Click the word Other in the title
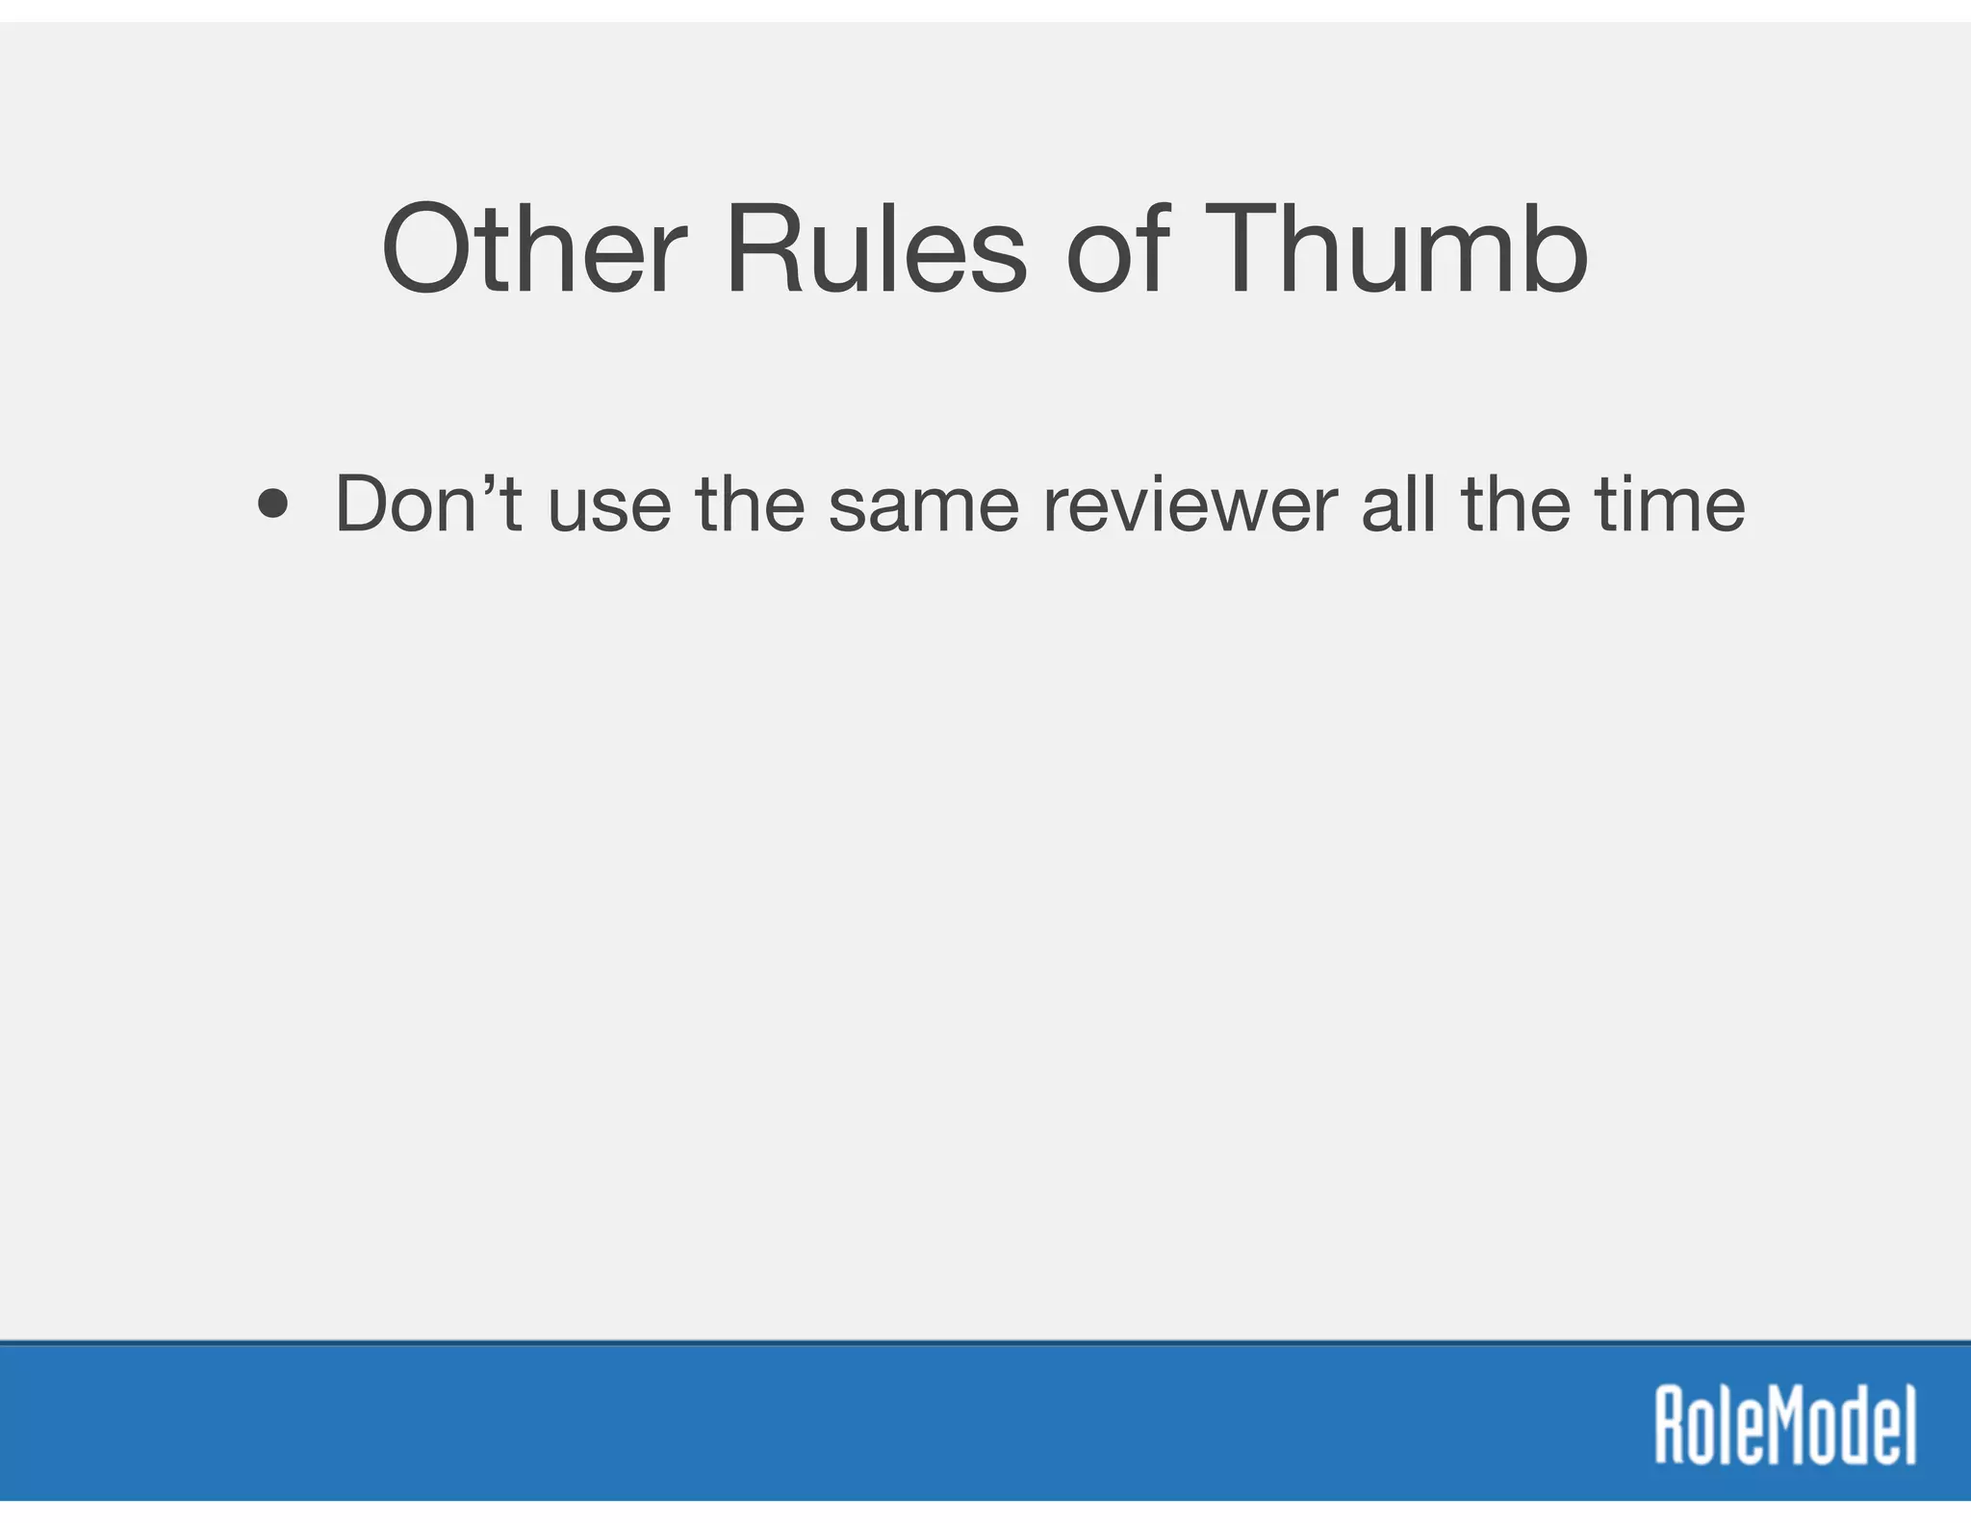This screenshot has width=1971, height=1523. coord(534,249)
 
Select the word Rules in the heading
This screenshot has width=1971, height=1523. coord(877,249)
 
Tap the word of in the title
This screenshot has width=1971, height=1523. coord(1117,249)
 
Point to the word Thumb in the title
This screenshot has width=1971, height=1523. coord(1395,249)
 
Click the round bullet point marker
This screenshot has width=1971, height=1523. coord(273,504)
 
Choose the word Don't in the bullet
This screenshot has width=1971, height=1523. coord(427,504)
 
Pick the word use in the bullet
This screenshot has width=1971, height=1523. coord(609,510)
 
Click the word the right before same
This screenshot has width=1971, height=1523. coord(750,504)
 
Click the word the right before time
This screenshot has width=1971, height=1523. coord(1517,504)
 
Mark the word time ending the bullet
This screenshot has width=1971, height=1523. coord(1670,504)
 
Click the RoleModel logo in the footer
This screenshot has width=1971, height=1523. coord(1785,1425)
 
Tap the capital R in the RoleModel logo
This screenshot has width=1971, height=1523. coord(1672,1425)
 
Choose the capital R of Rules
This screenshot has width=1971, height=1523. coord(766,249)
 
